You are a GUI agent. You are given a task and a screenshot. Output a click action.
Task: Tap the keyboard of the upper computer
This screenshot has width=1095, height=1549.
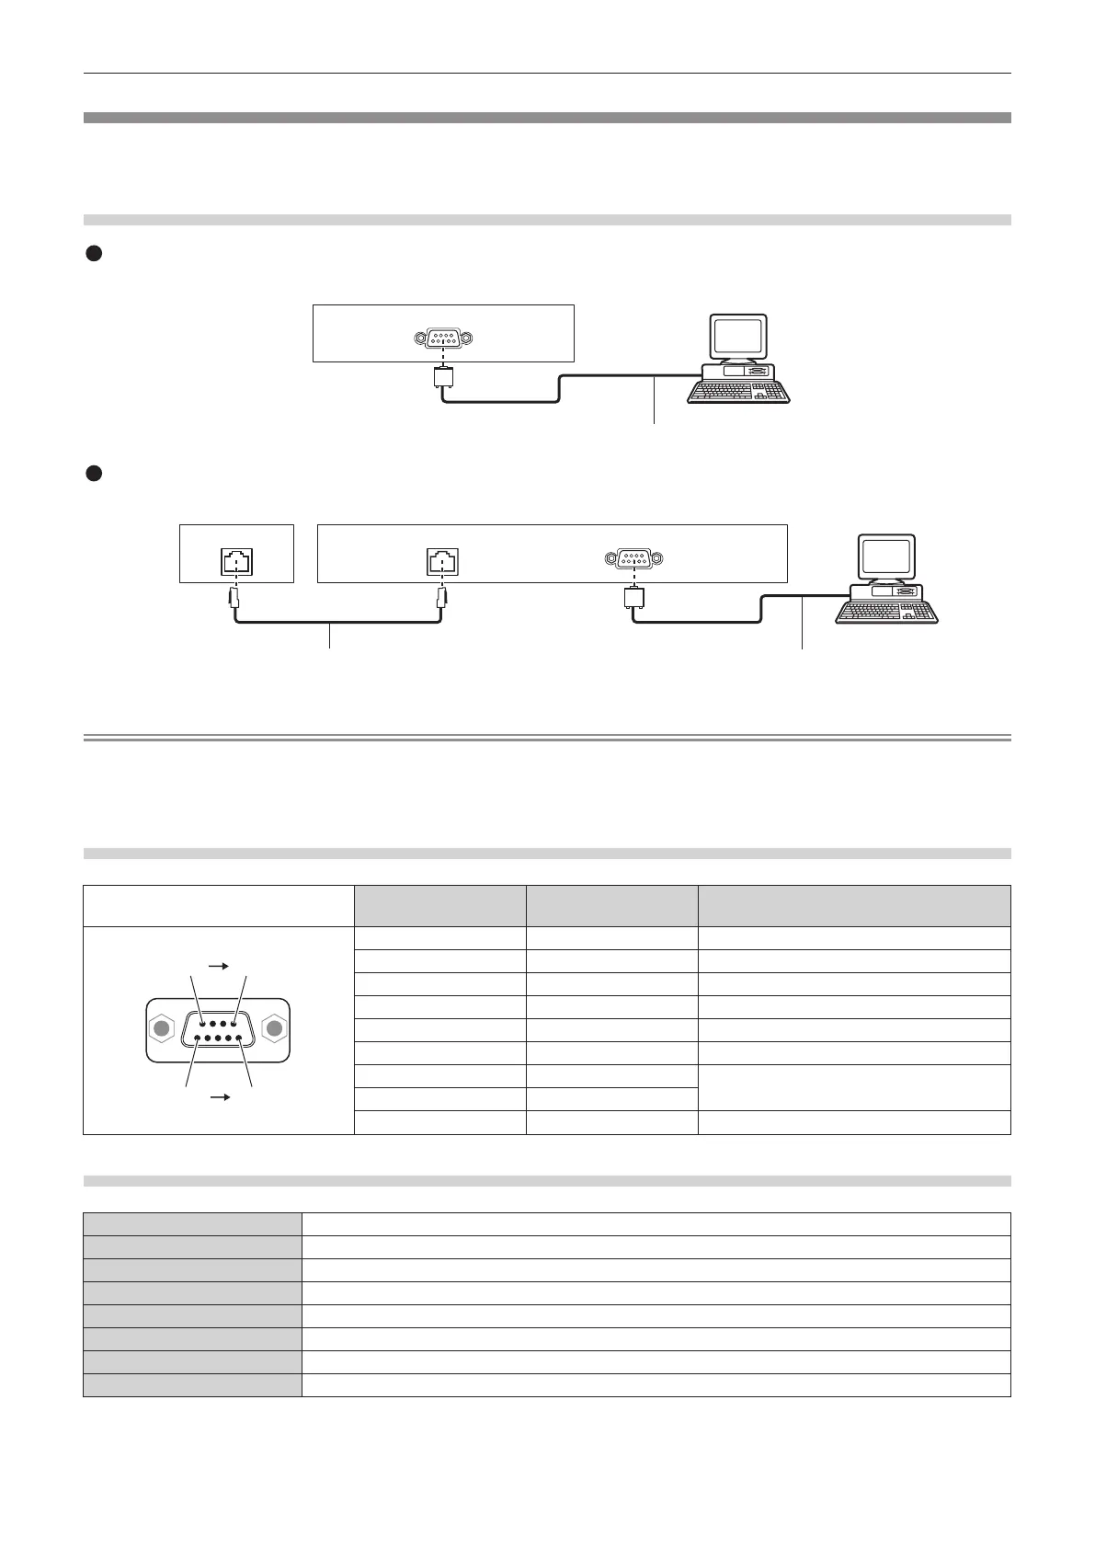click(738, 392)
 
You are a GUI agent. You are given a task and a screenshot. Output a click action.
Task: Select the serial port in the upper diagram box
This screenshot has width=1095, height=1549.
click(443, 338)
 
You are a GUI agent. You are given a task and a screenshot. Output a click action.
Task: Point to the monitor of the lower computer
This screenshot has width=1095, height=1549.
click(886, 557)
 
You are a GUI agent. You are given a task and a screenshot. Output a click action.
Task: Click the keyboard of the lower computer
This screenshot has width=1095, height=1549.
click(886, 612)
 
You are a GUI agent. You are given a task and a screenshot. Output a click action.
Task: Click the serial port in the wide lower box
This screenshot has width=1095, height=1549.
click(633, 557)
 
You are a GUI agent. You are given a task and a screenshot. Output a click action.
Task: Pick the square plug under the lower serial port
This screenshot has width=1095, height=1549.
click(633, 597)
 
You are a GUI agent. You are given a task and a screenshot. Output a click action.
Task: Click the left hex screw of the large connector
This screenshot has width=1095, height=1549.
click(163, 1029)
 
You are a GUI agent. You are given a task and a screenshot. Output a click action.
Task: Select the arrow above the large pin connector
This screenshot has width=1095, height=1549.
click(219, 967)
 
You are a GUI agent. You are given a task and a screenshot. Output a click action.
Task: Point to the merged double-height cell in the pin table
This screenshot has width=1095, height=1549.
click(854, 1087)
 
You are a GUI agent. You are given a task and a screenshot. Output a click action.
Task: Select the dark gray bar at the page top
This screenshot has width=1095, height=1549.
click(547, 118)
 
